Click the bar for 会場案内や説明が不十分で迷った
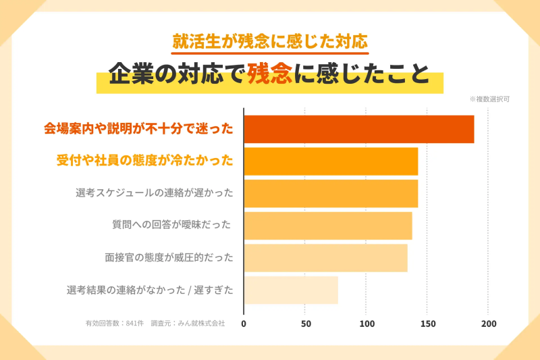click(x=358, y=129)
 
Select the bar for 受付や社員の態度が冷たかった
click(x=331, y=161)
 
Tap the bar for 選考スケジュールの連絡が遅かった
click(x=331, y=193)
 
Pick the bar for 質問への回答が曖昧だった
click(x=327, y=226)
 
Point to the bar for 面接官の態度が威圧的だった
click(x=325, y=258)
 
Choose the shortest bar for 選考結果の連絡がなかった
click(x=291, y=290)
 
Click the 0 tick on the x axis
click(x=244, y=324)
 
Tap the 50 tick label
click(x=306, y=324)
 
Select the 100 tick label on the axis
click(x=367, y=324)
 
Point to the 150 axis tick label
click(x=428, y=324)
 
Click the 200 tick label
click(x=489, y=324)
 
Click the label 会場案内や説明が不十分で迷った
click(x=138, y=128)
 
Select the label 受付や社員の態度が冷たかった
click(x=144, y=160)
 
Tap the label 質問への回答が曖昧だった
click(x=171, y=225)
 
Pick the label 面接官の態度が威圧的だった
click(x=169, y=257)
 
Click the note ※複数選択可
click(x=489, y=99)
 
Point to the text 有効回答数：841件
click(x=114, y=324)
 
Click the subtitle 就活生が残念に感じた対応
click(x=270, y=41)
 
